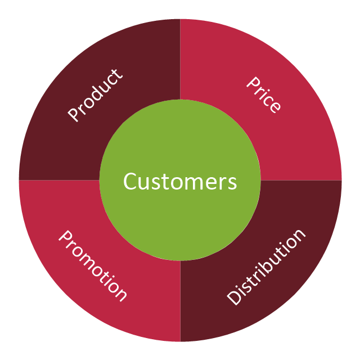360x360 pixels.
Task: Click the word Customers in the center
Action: pos(180,181)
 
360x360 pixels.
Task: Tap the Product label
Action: pos(95,95)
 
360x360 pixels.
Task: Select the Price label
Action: pos(264,95)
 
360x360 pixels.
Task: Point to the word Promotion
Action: pos(93,265)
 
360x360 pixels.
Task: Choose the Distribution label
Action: pos(266,268)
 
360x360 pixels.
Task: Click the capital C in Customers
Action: pos(130,181)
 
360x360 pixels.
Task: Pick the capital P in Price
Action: pos(253,83)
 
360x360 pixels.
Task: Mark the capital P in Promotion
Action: pos(66,236)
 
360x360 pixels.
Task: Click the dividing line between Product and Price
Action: pos(180,59)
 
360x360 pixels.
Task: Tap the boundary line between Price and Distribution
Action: pos(301,180)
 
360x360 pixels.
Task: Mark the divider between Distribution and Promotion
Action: pos(180,301)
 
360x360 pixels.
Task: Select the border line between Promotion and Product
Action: pos(59,180)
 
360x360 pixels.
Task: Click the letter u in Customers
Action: pos(145,184)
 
